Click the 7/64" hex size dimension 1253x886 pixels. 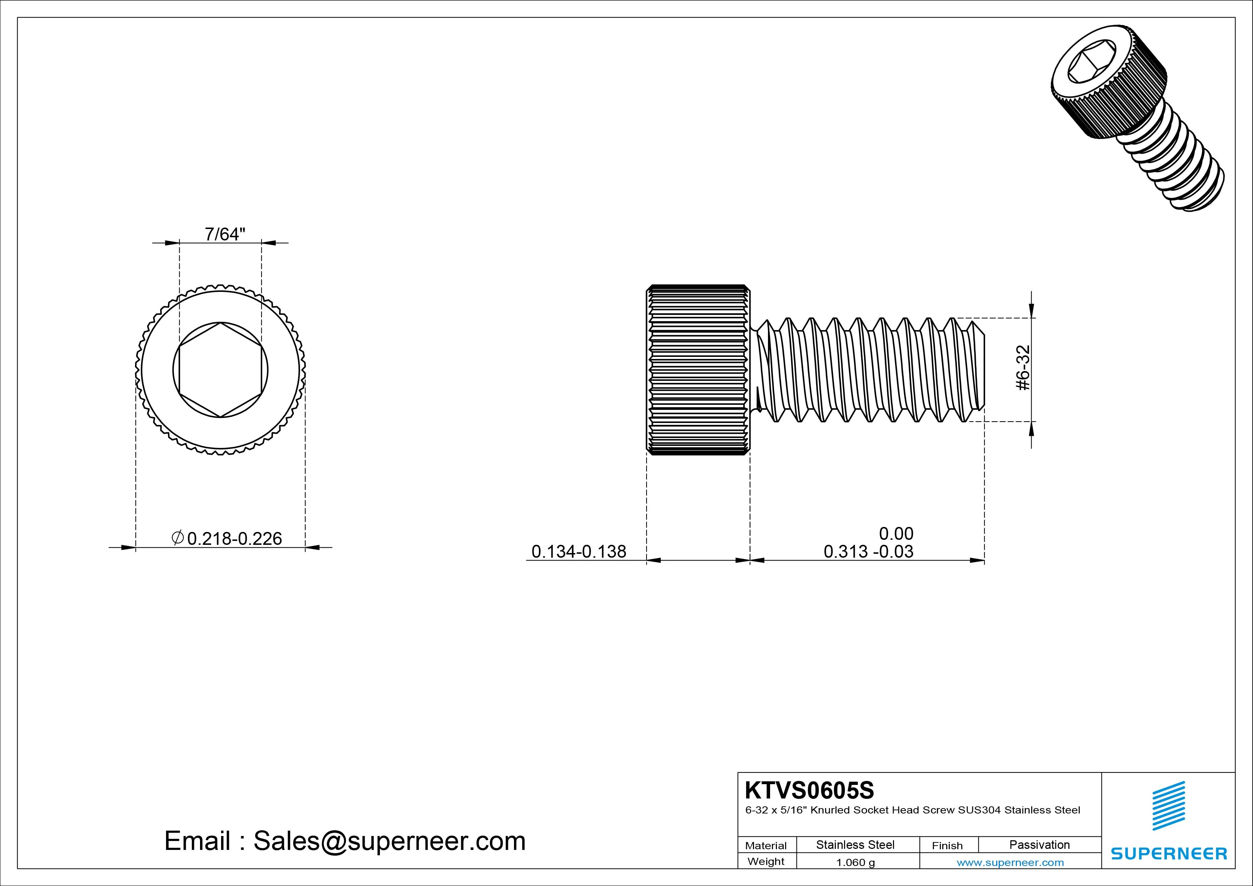(225, 234)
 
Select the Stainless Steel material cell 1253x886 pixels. (855, 845)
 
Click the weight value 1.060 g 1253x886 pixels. (855, 862)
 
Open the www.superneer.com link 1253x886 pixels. (1010, 862)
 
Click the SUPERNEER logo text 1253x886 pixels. (1169, 853)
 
